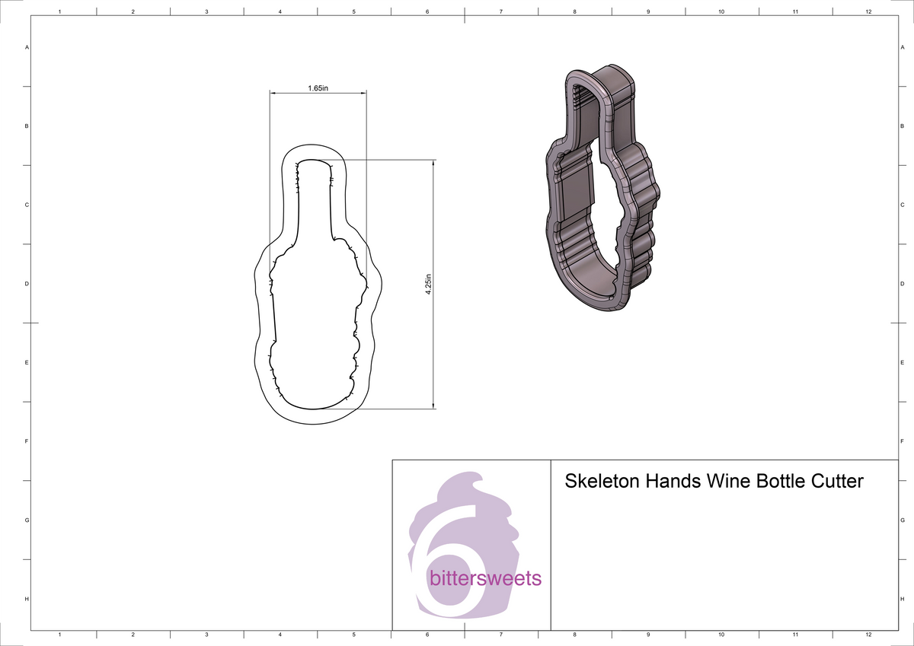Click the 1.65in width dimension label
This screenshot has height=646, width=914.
pyautogui.click(x=318, y=88)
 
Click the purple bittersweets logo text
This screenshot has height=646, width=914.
pyautogui.click(x=486, y=579)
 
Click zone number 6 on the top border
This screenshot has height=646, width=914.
pyautogui.click(x=427, y=12)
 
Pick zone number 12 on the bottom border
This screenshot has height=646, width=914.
pyautogui.click(x=868, y=634)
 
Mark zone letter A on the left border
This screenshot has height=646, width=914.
pyautogui.click(x=27, y=47)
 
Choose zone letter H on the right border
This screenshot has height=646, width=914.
pyautogui.click(x=902, y=600)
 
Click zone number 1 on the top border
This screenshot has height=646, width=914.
pyautogui.click(x=59, y=12)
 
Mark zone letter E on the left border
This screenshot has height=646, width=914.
pyautogui.click(x=27, y=363)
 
